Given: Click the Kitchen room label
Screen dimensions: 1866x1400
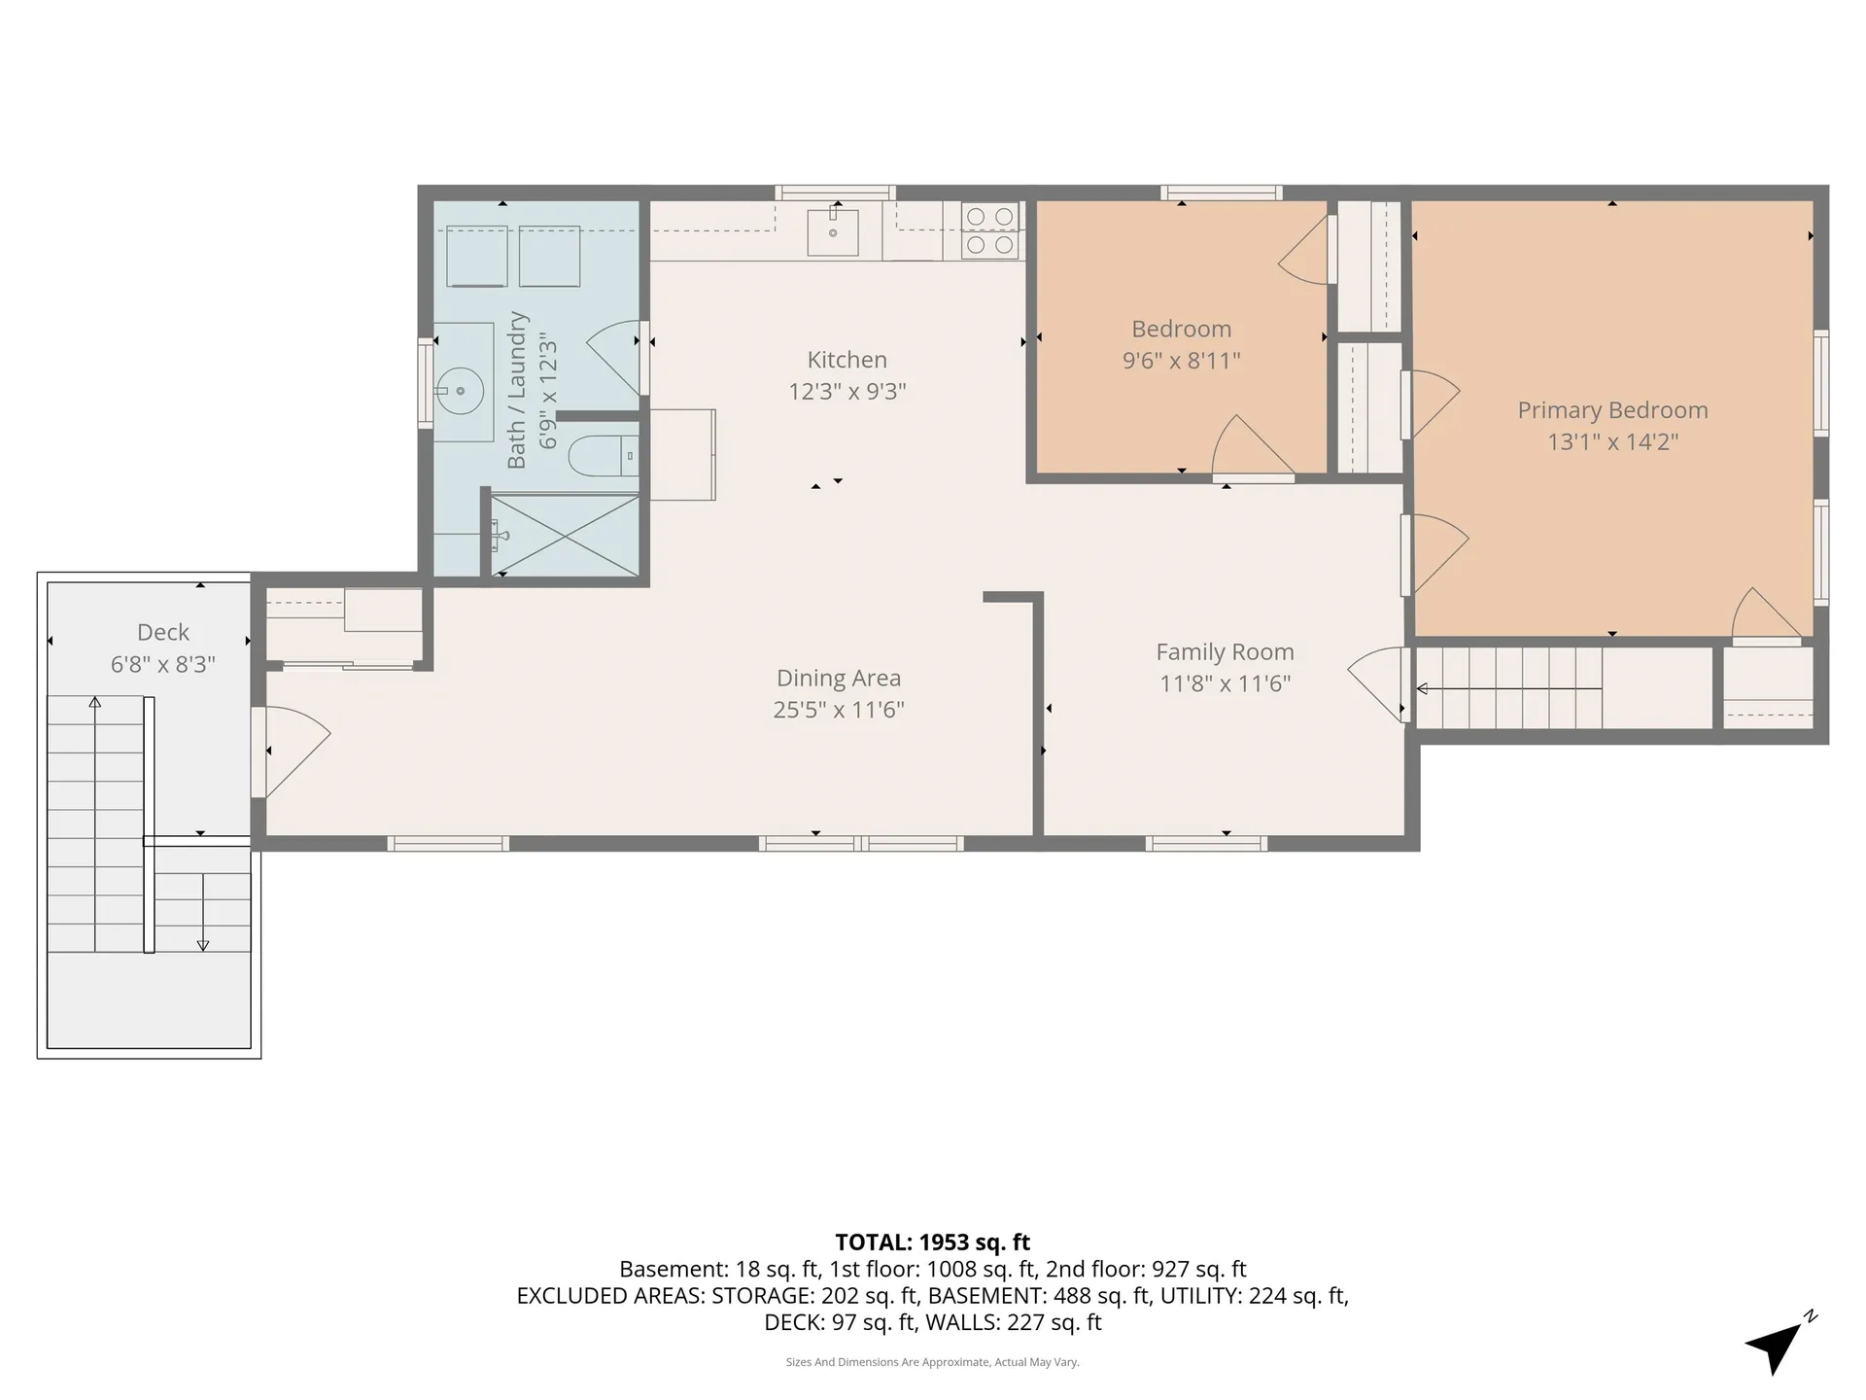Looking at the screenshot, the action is click(x=847, y=360).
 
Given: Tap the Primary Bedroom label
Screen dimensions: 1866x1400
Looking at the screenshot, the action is click(x=1612, y=410).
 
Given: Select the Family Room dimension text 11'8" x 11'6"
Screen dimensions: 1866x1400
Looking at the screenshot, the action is click(x=1225, y=683).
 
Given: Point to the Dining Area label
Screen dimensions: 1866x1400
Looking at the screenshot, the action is click(x=838, y=678).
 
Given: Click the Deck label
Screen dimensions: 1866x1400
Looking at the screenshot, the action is click(x=163, y=632).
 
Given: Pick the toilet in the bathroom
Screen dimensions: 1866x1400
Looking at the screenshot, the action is click(x=602, y=455).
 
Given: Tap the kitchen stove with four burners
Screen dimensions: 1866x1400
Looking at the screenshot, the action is click(x=989, y=231).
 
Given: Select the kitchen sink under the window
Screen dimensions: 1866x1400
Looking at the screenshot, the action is click(x=833, y=231).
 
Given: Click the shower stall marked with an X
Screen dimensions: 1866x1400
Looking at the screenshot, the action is click(x=565, y=536).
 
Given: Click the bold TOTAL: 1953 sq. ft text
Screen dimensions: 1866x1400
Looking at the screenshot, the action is click(x=933, y=1242).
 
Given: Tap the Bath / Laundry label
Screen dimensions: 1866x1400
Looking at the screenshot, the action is click(x=517, y=390).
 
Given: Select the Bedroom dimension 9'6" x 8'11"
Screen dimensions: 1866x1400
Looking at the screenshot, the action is click(x=1181, y=361).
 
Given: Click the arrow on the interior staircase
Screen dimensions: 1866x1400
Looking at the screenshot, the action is click(x=1509, y=688).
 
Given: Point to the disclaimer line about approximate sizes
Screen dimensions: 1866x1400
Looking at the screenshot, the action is click(x=933, y=1362).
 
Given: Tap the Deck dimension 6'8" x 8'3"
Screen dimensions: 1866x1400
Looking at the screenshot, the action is click(x=163, y=664).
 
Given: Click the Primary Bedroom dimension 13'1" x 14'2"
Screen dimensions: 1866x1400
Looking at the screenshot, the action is click(x=1612, y=441).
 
